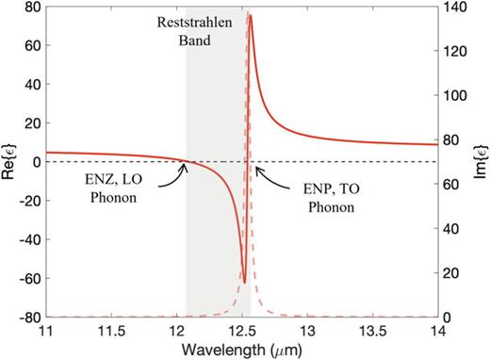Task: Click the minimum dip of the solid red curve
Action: [x=244, y=282]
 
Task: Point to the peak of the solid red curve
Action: [x=250, y=14]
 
